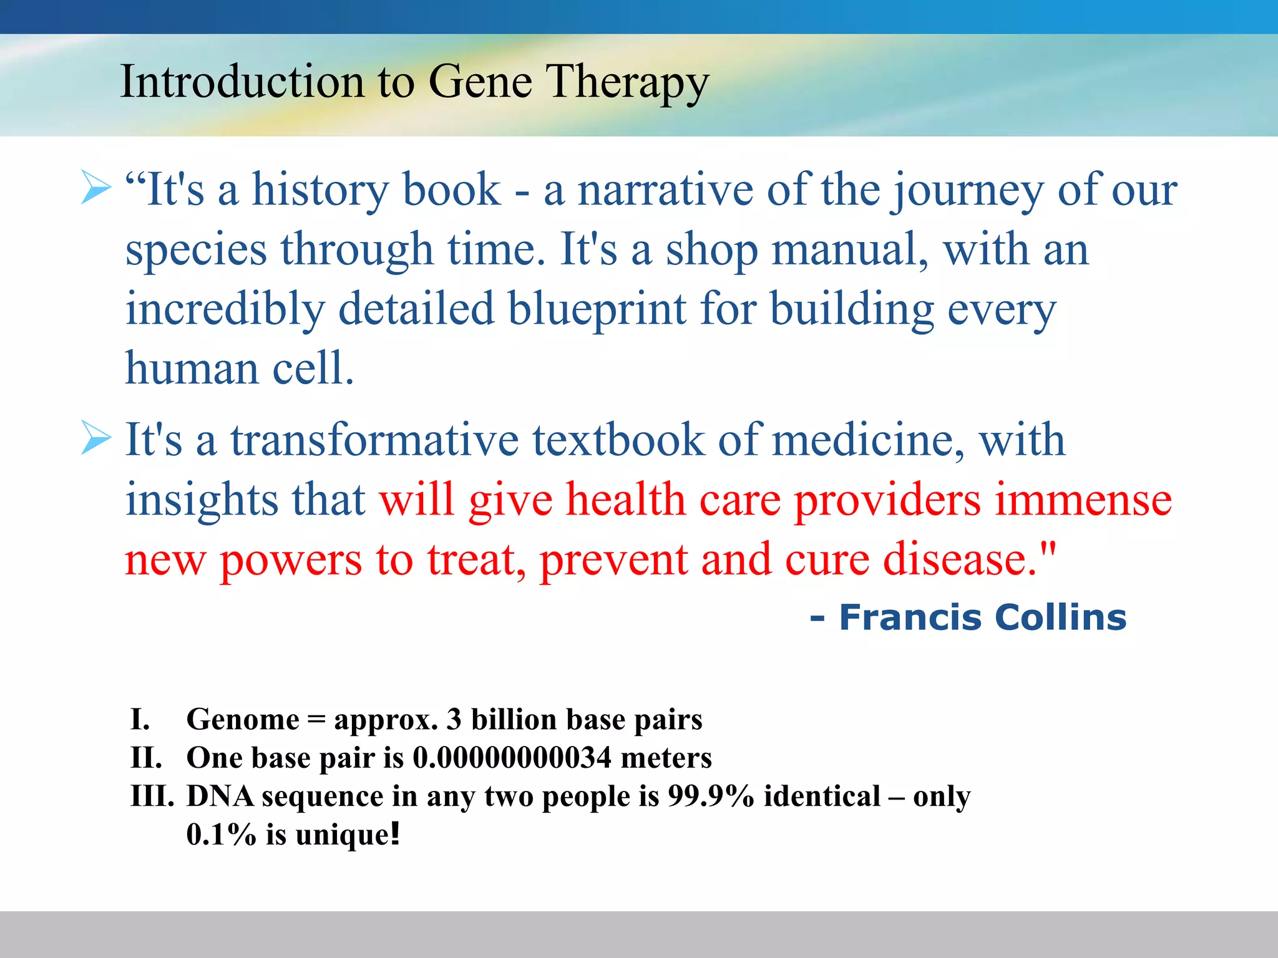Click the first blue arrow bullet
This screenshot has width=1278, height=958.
click(x=96, y=188)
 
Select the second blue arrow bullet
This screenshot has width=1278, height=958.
click(x=96, y=439)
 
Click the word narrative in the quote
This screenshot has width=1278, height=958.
click(x=665, y=190)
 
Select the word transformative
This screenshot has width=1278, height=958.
click(x=374, y=440)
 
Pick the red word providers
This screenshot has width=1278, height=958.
click(x=887, y=500)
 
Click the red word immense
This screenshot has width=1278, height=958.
click(x=1083, y=500)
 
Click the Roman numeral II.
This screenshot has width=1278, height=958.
click(x=146, y=758)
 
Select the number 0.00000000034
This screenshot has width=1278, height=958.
click(x=512, y=758)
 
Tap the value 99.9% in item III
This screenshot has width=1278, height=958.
click(x=710, y=796)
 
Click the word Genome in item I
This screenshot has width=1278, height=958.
click(x=243, y=720)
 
